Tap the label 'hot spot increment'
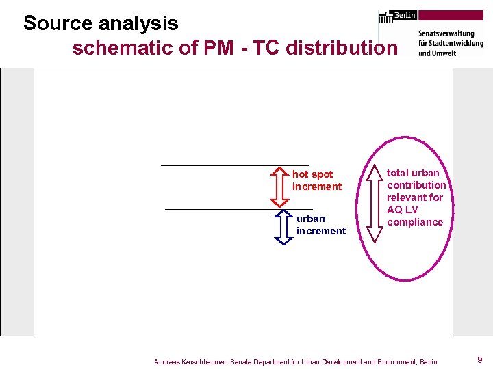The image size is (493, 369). click(316, 180)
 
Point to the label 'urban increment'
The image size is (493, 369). click(320, 225)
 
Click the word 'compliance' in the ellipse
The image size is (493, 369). click(415, 222)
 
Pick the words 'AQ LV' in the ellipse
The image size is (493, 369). click(402, 210)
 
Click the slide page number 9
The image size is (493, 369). click(480, 359)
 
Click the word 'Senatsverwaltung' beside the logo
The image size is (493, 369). click(446, 33)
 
